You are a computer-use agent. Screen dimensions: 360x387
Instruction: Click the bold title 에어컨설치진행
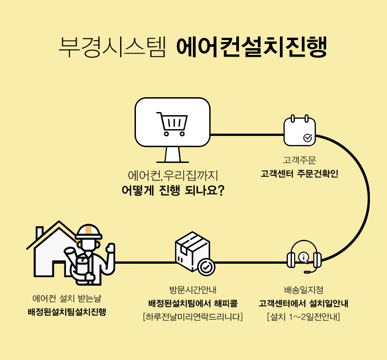[251, 47]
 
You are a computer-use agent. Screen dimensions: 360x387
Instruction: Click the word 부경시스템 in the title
[112, 47]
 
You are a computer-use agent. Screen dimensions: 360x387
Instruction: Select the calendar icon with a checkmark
[299, 131]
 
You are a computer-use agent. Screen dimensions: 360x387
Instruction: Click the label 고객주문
[299, 160]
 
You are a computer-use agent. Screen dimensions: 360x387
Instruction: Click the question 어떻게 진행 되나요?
[173, 190]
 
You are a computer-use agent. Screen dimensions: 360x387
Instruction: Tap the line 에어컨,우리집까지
[173, 175]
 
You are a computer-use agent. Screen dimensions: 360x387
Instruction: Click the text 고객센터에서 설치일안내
[303, 303]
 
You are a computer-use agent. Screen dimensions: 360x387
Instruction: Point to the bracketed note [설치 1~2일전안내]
[303, 317]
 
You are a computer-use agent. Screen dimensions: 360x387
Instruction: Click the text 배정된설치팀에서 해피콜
[193, 303]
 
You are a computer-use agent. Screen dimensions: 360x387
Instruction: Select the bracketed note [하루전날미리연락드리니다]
[193, 317]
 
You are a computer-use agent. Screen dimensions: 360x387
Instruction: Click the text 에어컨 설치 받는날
[67, 298]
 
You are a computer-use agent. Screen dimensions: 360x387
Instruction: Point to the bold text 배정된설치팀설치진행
[67, 312]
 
